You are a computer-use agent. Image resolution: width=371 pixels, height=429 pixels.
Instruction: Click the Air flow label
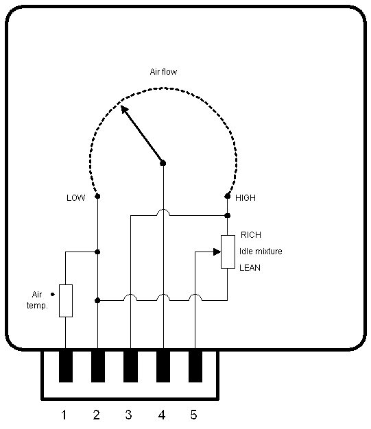pos(163,72)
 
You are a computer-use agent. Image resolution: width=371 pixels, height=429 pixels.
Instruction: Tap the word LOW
pos(76,197)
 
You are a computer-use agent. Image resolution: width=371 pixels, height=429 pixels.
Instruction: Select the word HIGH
pos(246,197)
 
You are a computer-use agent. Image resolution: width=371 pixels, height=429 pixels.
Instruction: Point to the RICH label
pos(251,235)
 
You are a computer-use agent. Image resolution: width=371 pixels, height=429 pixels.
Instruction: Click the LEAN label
pos(250,267)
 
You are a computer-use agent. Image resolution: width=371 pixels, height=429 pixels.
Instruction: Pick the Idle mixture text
pos(261,251)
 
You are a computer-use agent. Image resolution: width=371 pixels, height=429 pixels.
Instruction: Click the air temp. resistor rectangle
pos(66,301)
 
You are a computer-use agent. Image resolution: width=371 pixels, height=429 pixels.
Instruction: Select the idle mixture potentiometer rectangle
pos(228,252)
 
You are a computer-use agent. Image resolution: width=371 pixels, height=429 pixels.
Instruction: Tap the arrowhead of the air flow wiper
pos(124,109)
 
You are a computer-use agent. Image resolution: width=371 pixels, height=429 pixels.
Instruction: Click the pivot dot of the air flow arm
pos(163,163)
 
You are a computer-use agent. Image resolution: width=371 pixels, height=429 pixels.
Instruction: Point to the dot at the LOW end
pos(97,196)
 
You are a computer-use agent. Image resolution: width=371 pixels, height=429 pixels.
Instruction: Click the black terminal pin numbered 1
pos(66,367)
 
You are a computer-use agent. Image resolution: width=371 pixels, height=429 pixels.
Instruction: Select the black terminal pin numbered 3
pos(130,367)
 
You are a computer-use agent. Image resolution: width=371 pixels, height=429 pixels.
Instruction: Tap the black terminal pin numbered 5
pos(195,367)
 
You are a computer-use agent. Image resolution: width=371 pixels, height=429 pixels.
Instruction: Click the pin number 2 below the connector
pos(96,415)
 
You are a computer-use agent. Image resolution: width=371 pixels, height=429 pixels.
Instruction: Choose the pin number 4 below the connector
pos(162,415)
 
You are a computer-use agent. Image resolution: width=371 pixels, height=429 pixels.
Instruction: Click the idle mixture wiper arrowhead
pos(217,252)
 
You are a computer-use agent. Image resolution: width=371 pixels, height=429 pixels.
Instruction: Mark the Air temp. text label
pos(37,300)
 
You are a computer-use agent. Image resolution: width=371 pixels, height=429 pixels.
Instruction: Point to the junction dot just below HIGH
pos(227,216)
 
